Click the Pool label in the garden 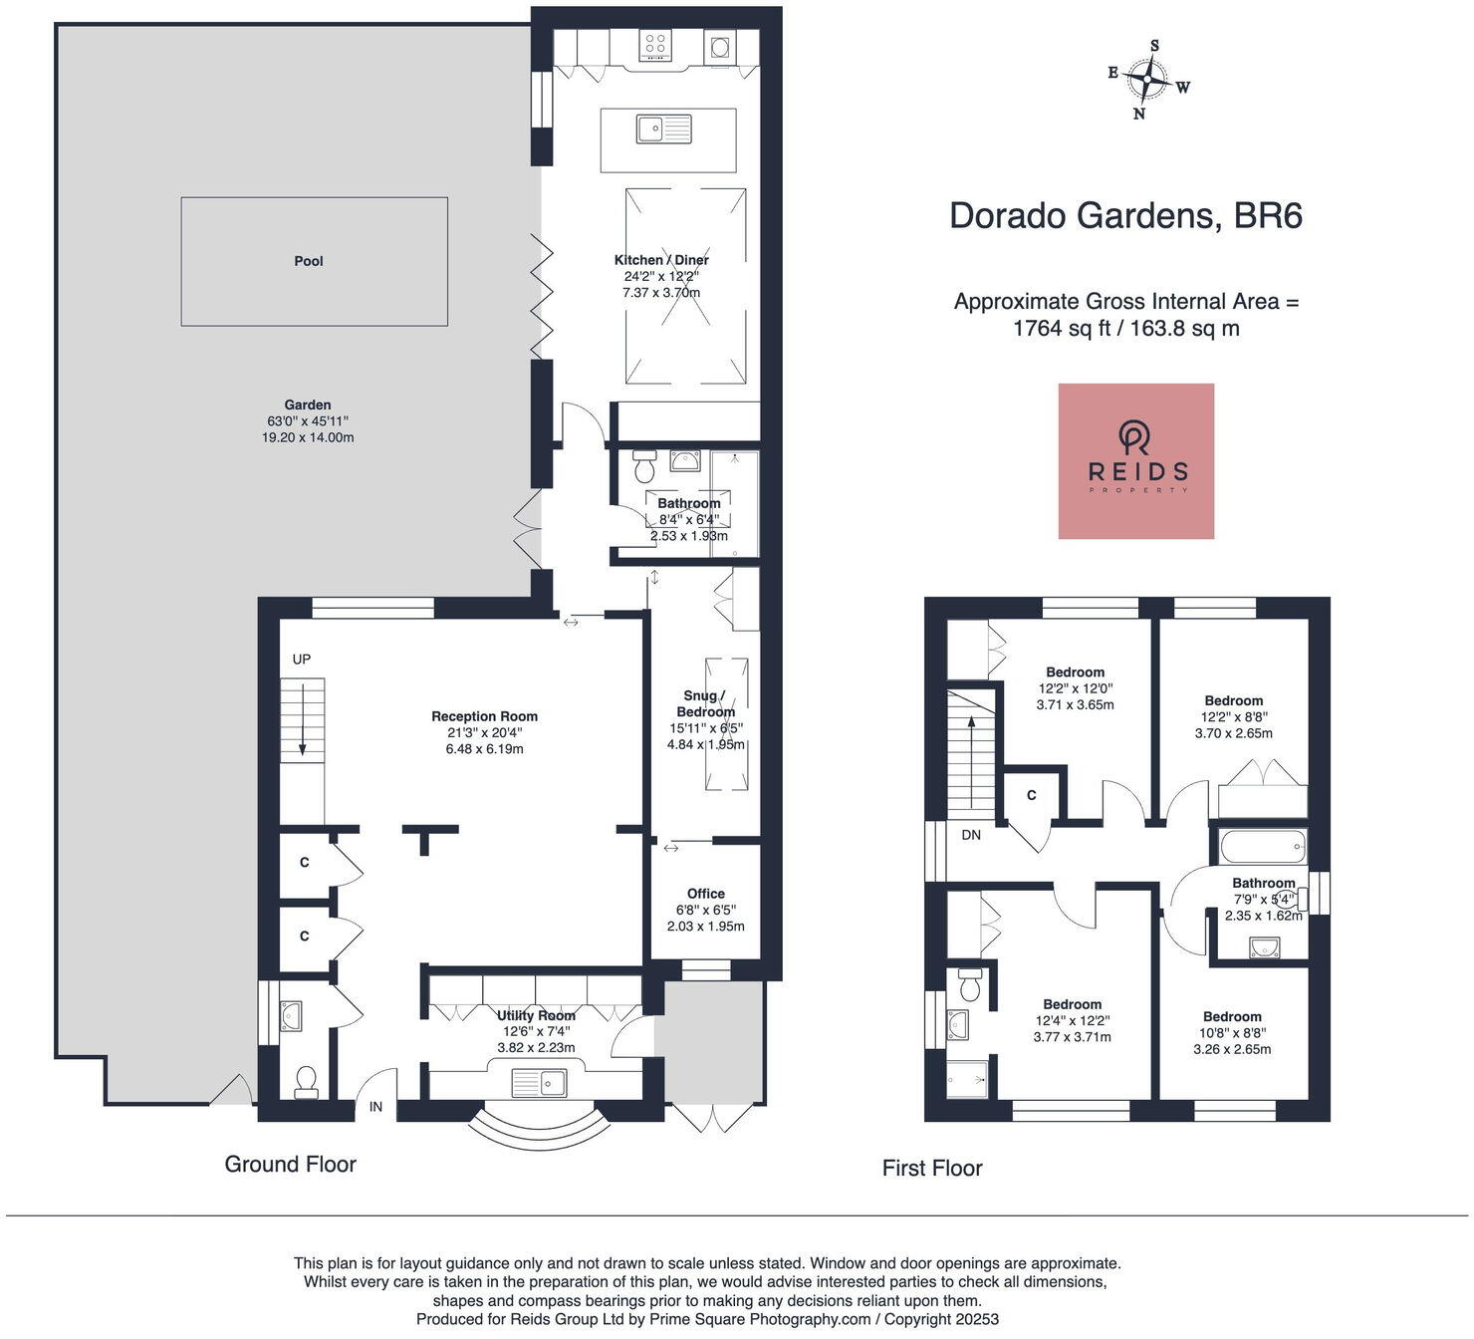point(309,261)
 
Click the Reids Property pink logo point(1135,461)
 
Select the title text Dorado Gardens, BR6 point(1125,216)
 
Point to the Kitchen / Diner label point(661,260)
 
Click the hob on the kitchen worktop point(654,45)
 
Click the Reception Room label point(484,716)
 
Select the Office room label point(705,894)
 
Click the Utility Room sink point(539,1082)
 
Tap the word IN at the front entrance point(376,1107)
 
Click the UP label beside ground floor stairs point(302,660)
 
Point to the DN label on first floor point(971,835)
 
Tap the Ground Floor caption point(290,1164)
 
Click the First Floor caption point(932,1168)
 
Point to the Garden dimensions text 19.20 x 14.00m point(308,437)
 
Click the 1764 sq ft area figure point(1061,329)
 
